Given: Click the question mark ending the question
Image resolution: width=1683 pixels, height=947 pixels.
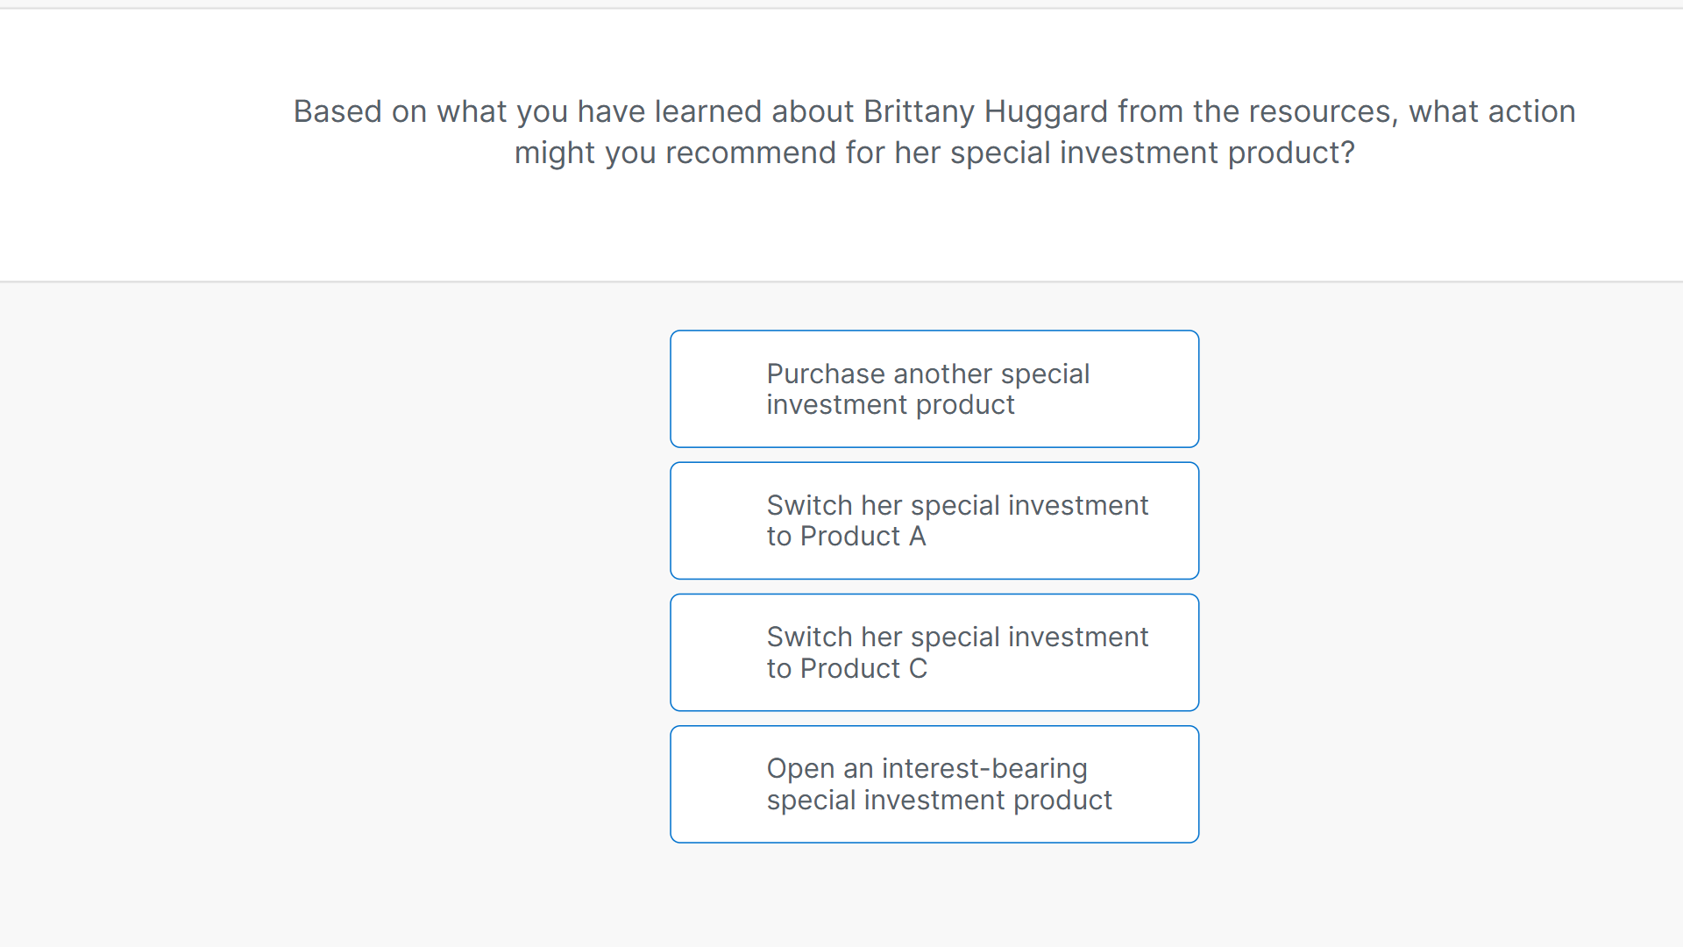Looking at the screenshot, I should tap(1347, 153).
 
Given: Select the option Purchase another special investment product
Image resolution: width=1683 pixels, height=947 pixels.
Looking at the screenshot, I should tap(934, 389).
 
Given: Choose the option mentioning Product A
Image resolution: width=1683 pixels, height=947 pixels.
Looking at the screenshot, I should tap(934, 521).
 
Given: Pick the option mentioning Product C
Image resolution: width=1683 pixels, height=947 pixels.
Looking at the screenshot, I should tap(934, 652).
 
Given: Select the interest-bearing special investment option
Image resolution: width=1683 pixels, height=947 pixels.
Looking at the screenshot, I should tap(934, 784).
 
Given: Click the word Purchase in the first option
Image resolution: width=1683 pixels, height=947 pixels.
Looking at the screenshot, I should tap(826, 374).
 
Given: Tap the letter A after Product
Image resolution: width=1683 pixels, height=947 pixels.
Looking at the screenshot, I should tap(917, 537).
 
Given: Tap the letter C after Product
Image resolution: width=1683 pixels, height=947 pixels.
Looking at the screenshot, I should tap(918, 669).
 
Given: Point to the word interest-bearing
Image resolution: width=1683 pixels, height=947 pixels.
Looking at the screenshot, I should tap(984, 769).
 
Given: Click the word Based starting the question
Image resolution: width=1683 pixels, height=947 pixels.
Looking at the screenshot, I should tap(337, 112).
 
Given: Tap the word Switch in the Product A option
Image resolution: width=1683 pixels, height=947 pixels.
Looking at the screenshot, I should tap(809, 506).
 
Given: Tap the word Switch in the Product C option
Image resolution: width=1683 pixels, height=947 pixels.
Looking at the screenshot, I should tap(809, 637).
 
